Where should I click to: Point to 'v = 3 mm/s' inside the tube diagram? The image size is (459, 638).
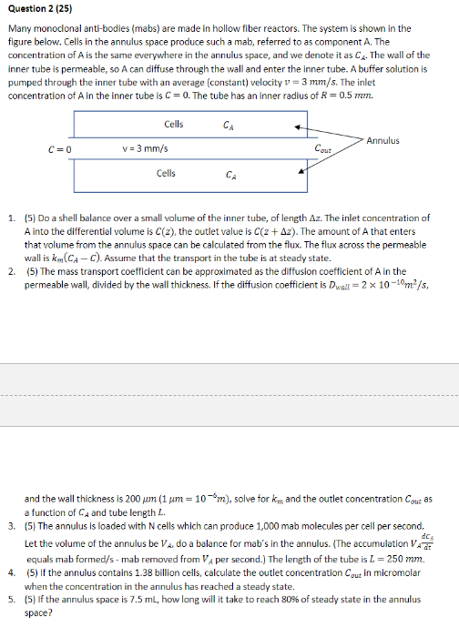(144, 148)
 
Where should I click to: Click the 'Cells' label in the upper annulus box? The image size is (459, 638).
(173, 124)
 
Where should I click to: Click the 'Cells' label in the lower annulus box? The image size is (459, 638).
(167, 172)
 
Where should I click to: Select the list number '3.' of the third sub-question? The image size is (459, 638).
(10, 525)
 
